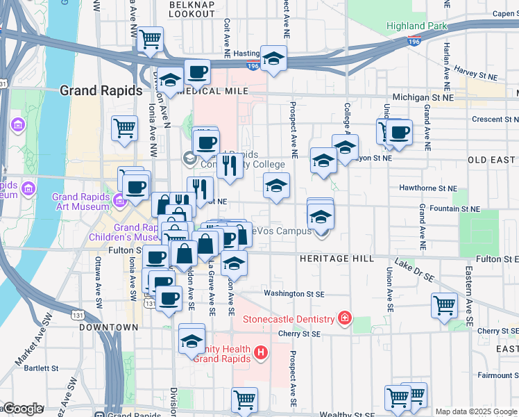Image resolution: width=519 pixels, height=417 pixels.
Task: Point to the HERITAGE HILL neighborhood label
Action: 337,259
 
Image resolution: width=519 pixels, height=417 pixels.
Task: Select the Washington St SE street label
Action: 294,294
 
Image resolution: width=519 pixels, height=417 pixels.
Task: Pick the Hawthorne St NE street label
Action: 428,188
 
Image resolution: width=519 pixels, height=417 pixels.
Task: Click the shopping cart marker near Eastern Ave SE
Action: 444,304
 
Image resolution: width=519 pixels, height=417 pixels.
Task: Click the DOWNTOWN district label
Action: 108,327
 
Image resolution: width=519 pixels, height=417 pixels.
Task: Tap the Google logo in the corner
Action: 22,409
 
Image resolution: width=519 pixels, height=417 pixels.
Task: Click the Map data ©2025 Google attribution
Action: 475,411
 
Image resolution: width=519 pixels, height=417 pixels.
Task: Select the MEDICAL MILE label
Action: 212,91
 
